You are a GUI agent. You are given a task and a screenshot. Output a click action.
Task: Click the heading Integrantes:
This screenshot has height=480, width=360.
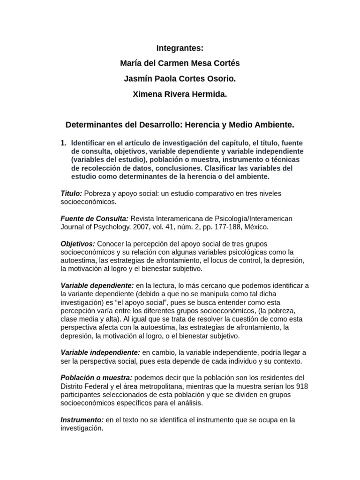pos(180,48)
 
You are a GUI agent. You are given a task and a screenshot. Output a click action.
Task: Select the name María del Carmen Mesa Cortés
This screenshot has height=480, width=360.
pos(180,63)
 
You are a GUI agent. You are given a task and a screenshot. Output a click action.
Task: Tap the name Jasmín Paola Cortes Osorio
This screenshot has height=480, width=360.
pos(180,79)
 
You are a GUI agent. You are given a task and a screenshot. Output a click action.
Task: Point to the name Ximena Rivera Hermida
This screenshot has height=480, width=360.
pos(180,94)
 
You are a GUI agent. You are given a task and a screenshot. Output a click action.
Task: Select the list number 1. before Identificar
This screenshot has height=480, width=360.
pos(64,142)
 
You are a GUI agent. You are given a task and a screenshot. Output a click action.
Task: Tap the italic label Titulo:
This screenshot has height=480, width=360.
pos(71,194)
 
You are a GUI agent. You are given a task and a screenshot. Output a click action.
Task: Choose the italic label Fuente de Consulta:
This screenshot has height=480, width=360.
pos(94,219)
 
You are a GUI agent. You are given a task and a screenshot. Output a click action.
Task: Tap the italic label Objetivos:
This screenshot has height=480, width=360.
pos(78,244)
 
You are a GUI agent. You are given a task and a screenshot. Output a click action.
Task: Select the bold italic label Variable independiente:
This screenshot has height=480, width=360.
pos(100,352)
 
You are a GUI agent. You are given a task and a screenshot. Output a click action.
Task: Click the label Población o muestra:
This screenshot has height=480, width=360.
pos(97,378)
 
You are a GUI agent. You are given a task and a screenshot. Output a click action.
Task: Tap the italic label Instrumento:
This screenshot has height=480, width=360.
pos(82,420)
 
